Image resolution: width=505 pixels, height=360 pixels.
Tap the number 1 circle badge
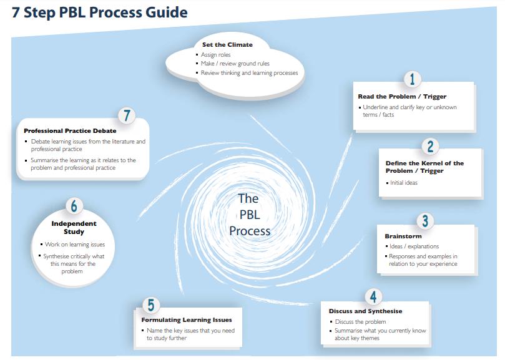(412, 79)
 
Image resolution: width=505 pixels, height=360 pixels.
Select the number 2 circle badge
(430, 146)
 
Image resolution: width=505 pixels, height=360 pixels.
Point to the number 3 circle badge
(424, 221)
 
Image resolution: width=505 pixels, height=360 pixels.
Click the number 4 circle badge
(373, 296)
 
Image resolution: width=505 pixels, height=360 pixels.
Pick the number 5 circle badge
(150, 305)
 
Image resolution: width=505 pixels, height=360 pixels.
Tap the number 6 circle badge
(74, 206)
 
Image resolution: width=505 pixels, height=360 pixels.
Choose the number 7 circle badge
(127, 116)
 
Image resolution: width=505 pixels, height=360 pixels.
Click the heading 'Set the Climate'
(227, 45)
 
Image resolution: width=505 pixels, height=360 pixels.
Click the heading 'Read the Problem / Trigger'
(401, 97)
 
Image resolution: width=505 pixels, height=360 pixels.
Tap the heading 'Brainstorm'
(403, 236)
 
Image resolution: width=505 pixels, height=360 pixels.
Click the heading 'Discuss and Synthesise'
(365, 311)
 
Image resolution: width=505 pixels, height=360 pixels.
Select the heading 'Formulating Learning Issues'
(186, 320)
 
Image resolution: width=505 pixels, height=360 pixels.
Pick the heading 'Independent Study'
(74, 228)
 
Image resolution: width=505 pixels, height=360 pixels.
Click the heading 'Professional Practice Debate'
(69, 131)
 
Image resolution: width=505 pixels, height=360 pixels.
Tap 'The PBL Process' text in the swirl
(248, 215)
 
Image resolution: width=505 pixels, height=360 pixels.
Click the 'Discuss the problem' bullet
(360, 322)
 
